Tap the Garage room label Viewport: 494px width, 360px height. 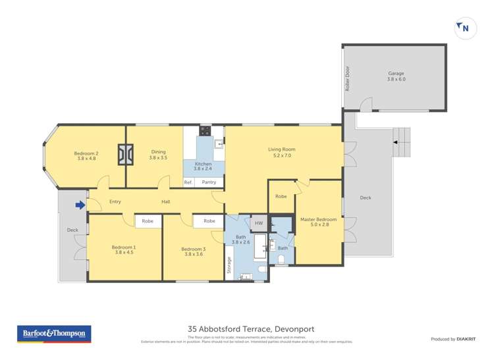coord(396,76)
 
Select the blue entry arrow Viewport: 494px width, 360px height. coord(80,205)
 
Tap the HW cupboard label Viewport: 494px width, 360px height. coord(258,223)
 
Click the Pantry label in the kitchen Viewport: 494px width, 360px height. coord(209,182)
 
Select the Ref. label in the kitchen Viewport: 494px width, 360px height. coord(188,182)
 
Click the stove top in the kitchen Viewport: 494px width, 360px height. coord(206,130)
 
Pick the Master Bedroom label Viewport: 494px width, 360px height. coord(318,222)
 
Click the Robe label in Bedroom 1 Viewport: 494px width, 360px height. coord(148,221)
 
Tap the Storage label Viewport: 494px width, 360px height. coord(229,264)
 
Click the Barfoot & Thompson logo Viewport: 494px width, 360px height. coord(53,334)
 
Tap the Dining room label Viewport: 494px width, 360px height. coord(158,154)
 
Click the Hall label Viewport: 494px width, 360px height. coord(166,201)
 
